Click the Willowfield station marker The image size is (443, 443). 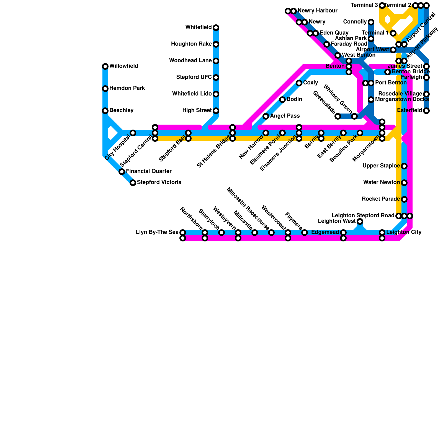coord(105,66)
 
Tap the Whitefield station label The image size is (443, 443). coord(199,27)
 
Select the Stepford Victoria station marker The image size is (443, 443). coord(133,183)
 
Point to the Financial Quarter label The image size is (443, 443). coord(149,171)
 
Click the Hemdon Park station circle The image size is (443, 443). coord(105,89)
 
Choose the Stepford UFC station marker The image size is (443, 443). coord(216,78)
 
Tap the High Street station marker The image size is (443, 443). coord(216,111)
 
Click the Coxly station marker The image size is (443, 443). coord(299,83)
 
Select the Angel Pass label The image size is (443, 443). coord(285,116)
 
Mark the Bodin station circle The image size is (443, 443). coord(282,100)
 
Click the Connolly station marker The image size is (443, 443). coord(371,22)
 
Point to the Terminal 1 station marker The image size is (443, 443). coord(393,34)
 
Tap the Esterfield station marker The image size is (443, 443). coord(426,111)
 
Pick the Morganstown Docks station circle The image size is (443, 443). coord(371,100)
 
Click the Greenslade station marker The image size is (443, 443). coord(338,116)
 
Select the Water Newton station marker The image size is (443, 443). coord(404,183)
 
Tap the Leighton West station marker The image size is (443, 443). coord(360,221)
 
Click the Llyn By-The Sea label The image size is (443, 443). coord(157,232)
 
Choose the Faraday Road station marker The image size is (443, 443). coord(327,44)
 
